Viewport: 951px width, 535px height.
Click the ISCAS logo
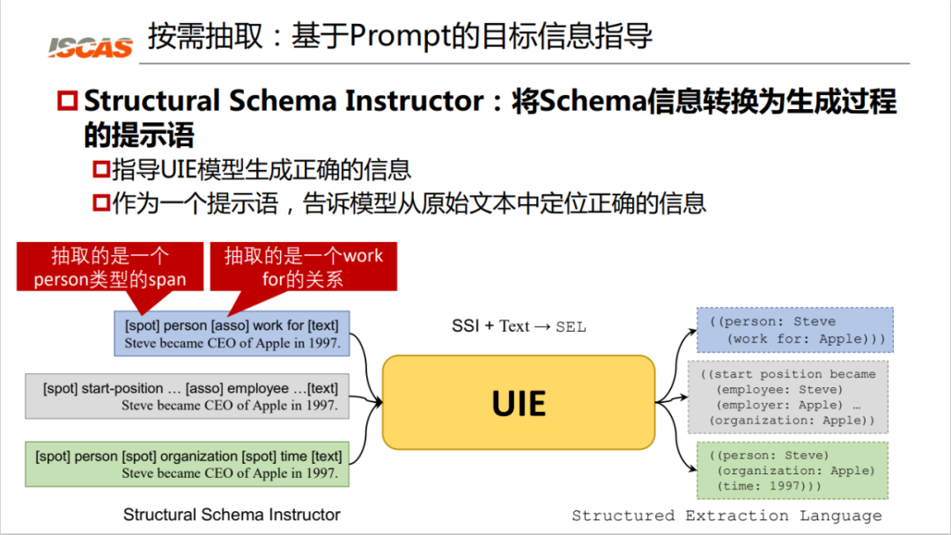[91, 47]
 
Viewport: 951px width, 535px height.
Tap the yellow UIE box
[519, 403]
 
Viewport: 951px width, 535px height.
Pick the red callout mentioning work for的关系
[303, 267]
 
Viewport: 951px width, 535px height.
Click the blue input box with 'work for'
[232, 333]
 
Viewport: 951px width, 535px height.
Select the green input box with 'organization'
[188, 465]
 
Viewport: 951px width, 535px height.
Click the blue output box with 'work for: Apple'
[795, 330]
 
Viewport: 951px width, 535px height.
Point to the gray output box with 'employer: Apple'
[788, 397]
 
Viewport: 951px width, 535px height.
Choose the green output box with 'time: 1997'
[792, 470]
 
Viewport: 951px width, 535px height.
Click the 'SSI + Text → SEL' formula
[518, 326]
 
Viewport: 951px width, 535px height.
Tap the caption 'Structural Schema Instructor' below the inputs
[232, 514]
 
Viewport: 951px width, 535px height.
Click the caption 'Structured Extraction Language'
[726, 516]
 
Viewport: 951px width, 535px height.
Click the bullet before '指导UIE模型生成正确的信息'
[101, 169]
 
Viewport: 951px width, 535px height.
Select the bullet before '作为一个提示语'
[101, 203]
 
